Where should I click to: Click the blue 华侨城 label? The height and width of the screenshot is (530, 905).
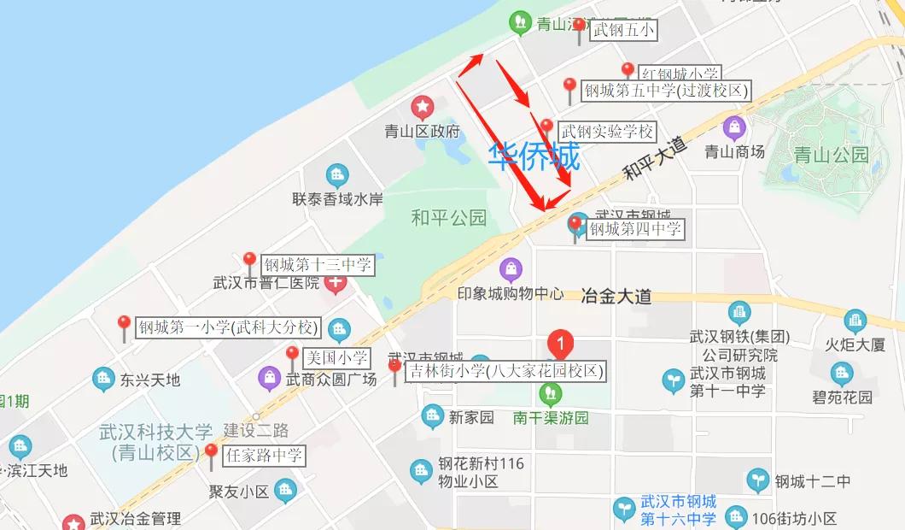(534, 156)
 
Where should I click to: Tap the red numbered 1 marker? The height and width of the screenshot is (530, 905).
(560, 345)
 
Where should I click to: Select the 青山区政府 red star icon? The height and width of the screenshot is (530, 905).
(422, 108)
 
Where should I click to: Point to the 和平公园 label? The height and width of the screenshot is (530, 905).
(448, 217)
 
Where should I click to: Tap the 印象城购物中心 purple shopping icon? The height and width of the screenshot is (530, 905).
(511, 269)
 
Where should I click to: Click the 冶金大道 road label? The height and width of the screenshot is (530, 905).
(616, 297)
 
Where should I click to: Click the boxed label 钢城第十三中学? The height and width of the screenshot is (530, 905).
(318, 265)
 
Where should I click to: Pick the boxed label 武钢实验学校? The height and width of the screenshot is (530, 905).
(607, 132)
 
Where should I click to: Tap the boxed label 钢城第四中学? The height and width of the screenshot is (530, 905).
(636, 228)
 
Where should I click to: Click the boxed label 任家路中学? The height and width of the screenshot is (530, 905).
(264, 456)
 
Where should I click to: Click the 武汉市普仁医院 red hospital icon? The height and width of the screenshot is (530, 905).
(336, 283)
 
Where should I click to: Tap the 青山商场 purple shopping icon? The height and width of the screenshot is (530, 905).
(734, 129)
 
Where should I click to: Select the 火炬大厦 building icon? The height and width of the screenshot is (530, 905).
(855, 321)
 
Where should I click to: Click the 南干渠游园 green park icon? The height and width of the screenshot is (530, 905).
(551, 393)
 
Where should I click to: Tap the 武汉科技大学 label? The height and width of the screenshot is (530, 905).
(156, 433)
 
